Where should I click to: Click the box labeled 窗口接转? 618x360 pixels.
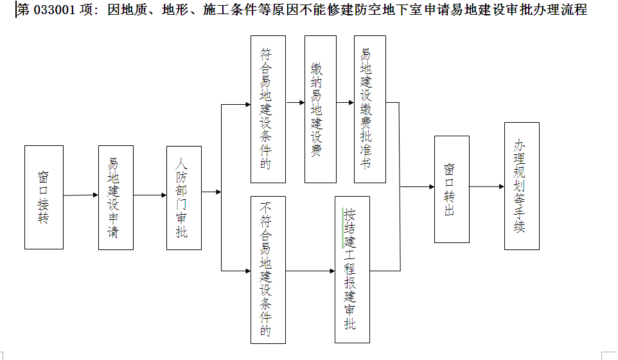coord(44,197)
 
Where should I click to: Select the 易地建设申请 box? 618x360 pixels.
coord(116,197)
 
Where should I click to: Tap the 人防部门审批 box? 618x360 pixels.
coord(184,198)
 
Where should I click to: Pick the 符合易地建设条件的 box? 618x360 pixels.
coord(268,109)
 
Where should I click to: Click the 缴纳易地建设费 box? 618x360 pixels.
coord(321,109)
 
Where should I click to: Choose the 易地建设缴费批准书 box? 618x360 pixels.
coord(369,109)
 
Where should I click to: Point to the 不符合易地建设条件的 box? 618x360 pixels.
coord(268,270)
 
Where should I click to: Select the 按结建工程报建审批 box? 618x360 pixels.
coord(352,270)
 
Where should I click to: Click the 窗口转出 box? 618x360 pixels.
coord(452,189)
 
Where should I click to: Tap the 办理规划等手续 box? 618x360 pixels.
coord(522,186)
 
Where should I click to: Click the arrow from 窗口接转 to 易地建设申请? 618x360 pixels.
coord(81,195)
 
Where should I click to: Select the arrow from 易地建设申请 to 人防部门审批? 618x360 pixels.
coord(150,195)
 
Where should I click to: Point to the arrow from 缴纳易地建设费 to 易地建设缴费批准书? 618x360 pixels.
coord(345,102)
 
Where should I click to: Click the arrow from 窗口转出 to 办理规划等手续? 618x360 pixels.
coord(487,186)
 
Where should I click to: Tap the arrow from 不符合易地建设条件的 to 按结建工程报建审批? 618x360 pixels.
coord(310,271)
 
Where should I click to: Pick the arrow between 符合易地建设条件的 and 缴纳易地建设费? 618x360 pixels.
coord(296,102)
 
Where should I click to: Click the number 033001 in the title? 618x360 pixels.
coord(55,10)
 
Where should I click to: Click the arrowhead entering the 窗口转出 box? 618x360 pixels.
coord(432,186)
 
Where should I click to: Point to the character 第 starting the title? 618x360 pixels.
coord(23,10)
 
